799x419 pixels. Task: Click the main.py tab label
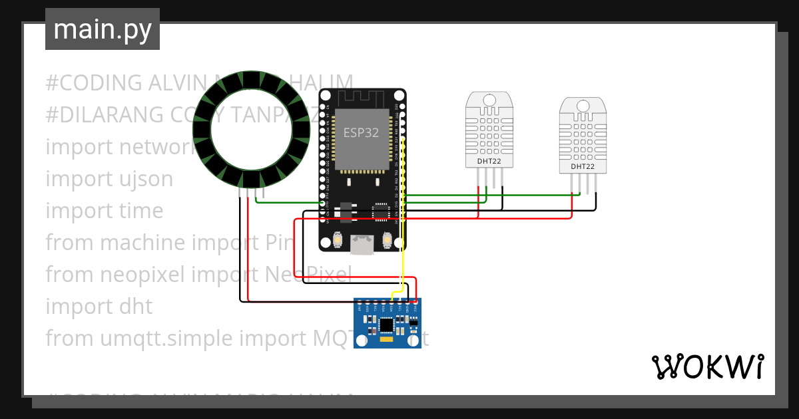tap(102, 29)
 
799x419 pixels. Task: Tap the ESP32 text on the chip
tap(361, 132)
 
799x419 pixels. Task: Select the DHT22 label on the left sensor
tap(489, 161)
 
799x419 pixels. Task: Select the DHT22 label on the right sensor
tap(583, 166)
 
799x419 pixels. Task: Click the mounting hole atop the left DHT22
tap(489, 100)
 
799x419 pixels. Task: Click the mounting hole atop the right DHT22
tap(583, 106)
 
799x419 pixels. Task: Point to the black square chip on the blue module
tap(386, 325)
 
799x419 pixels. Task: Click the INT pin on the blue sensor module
tap(360, 308)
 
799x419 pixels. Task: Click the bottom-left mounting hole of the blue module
tap(362, 341)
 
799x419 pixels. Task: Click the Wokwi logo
tap(706, 366)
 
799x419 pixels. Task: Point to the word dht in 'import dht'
tap(133, 307)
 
